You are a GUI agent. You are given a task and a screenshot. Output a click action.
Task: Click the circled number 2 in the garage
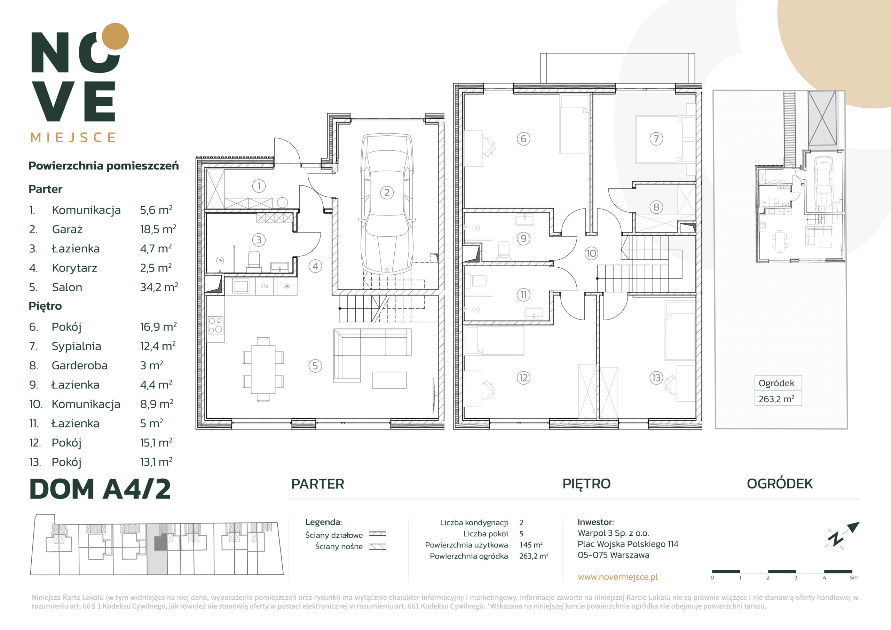(x=387, y=192)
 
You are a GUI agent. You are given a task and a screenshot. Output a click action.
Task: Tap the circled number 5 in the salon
(x=315, y=366)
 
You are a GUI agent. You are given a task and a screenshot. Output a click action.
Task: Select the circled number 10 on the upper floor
(x=591, y=253)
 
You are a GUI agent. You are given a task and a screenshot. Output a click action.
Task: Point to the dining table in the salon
(x=263, y=370)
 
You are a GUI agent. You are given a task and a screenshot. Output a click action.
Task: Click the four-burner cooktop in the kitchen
(x=215, y=325)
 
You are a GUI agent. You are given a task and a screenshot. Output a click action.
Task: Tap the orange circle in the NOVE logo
(x=115, y=37)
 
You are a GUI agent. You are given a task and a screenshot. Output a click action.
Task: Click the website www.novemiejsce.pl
(x=618, y=577)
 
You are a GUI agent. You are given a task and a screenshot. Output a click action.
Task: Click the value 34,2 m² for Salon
(x=159, y=287)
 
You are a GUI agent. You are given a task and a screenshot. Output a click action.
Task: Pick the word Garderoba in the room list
(x=80, y=365)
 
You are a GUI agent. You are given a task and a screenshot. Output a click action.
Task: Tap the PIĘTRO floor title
(x=586, y=484)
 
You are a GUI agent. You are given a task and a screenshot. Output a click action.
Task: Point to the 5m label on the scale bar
(x=854, y=577)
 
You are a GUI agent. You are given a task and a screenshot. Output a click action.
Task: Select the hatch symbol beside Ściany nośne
(x=378, y=546)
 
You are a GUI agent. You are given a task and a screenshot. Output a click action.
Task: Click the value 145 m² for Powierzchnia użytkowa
(x=531, y=545)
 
